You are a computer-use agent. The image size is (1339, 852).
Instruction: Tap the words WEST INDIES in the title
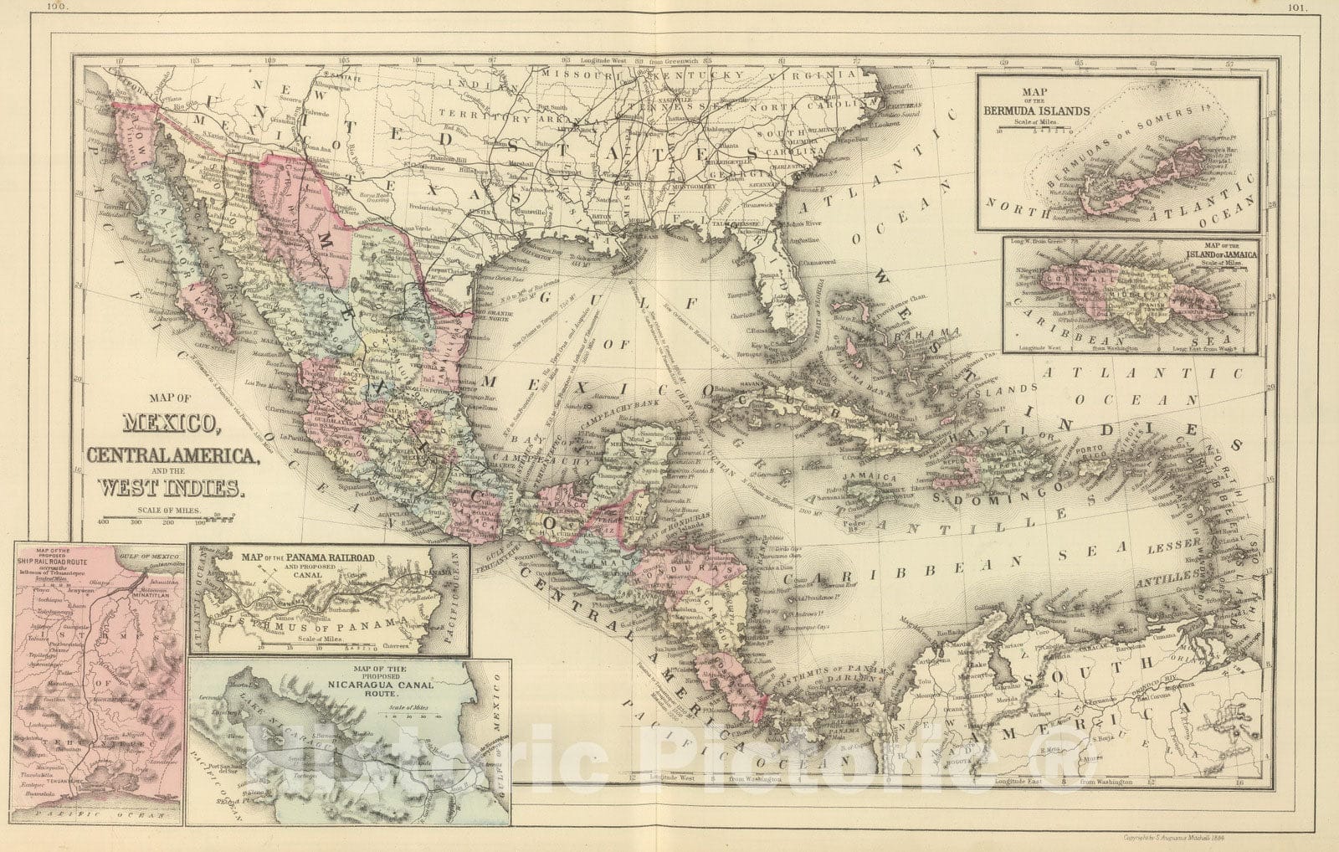(x=172, y=487)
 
